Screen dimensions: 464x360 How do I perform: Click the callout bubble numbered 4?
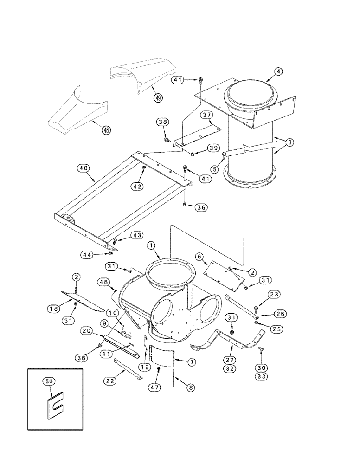tap(277, 71)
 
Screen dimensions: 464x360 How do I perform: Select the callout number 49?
tap(159, 98)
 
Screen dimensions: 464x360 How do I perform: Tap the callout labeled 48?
tap(106, 130)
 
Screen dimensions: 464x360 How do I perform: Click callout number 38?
tap(162, 122)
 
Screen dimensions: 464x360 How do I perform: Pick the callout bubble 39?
tap(212, 148)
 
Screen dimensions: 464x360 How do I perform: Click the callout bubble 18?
tap(54, 308)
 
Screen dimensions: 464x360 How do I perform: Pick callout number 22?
tap(110, 380)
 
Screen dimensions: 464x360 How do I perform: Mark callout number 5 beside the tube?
tap(215, 169)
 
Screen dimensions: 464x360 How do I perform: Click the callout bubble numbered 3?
tap(289, 143)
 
